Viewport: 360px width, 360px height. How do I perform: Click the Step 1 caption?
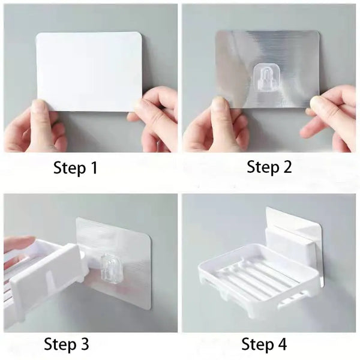coord(75,168)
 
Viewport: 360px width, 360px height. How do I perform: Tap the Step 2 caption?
coord(269,167)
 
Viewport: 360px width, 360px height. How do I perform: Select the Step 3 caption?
coord(66,344)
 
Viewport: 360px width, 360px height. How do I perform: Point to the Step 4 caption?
coord(264,344)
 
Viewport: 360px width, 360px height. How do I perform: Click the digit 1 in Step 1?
coord(93,168)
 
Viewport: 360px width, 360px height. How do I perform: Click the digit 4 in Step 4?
coord(281,344)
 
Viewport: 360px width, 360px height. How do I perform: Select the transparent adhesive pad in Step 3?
coord(129,240)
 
